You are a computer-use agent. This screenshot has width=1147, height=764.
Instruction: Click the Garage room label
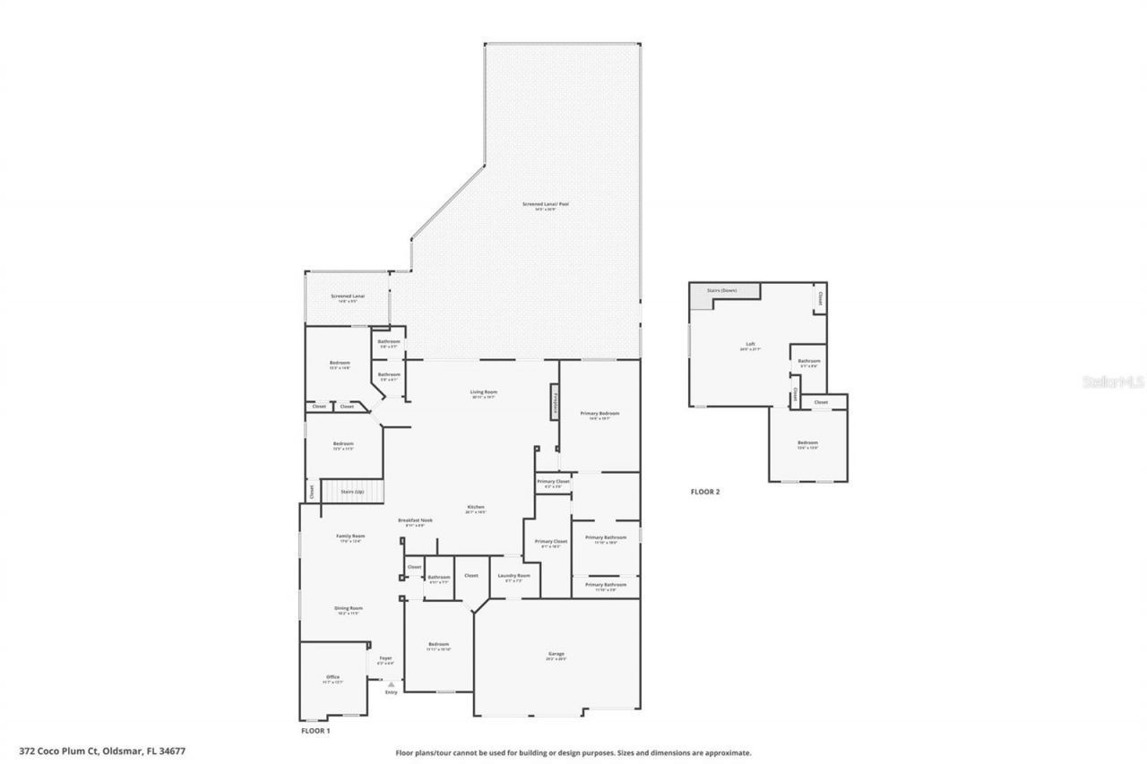click(x=556, y=655)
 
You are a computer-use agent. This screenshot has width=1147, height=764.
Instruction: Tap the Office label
click(x=332, y=678)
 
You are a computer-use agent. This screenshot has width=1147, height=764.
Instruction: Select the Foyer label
click(x=385, y=659)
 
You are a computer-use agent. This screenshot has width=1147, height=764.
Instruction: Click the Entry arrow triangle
click(x=391, y=684)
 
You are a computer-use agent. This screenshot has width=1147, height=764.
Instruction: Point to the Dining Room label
click(x=349, y=609)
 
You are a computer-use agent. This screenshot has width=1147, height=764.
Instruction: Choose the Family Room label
click(x=350, y=537)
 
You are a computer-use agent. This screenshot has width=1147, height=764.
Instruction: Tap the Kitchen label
click(x=475, y=508)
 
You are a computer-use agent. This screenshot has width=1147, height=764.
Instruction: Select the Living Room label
click(x=484, y=392)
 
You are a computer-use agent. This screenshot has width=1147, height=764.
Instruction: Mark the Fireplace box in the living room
click(x=555, y=401)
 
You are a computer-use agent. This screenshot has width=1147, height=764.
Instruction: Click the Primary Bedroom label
click(x=599, y=414)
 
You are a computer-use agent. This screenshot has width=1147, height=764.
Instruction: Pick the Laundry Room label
click(x=513, y=576)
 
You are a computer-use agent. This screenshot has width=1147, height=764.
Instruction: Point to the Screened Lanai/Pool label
click(x=546, y=205)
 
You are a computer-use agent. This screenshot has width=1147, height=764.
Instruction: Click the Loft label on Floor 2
click(x=751, y=345)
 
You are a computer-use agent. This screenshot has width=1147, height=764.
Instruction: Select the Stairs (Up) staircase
click(x=352, y=492)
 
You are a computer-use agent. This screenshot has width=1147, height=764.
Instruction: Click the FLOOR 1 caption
click(x=315, y=731)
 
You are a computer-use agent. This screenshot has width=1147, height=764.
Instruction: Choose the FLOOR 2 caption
click(x=704, y=492)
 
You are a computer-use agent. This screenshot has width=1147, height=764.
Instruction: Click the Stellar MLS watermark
click(x=1113, y=382)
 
